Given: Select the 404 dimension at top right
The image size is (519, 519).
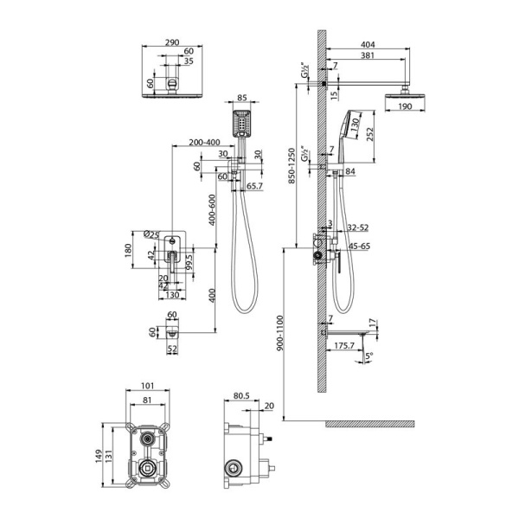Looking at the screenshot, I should (367, 42).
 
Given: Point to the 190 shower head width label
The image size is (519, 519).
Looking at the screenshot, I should (406, 107).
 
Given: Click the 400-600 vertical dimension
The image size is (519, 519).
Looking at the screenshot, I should (211, 208).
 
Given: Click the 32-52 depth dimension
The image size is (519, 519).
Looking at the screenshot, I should (357, 229).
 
